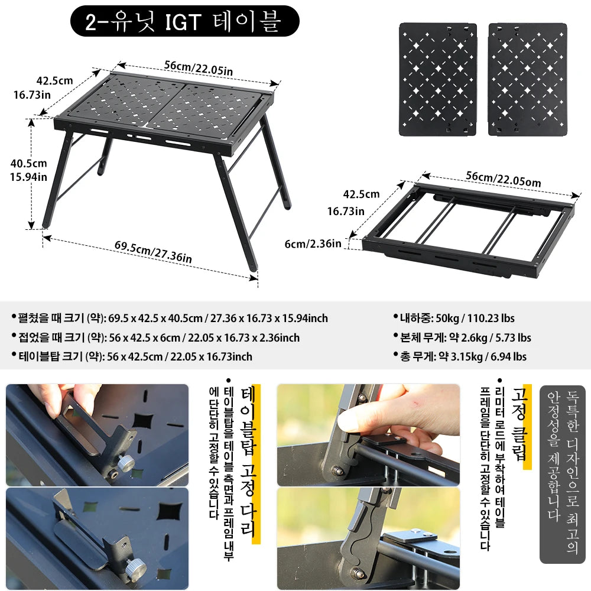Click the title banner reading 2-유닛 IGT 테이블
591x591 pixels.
(184, 22)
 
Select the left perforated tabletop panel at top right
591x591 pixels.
(438, 79)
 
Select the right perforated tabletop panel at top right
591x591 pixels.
(528, 79)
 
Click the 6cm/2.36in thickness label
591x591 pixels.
(312, 243)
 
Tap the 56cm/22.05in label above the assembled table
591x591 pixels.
(199, 67)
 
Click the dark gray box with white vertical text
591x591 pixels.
(562, 474)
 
